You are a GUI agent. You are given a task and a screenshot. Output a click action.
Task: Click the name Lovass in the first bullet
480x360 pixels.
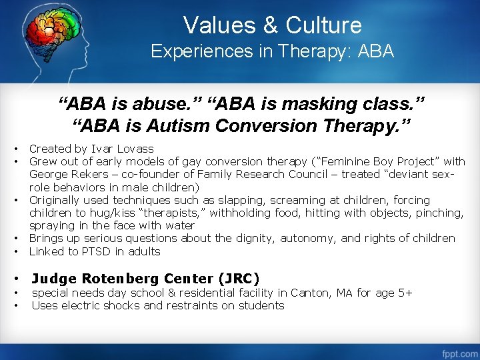[x=135, y=149]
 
